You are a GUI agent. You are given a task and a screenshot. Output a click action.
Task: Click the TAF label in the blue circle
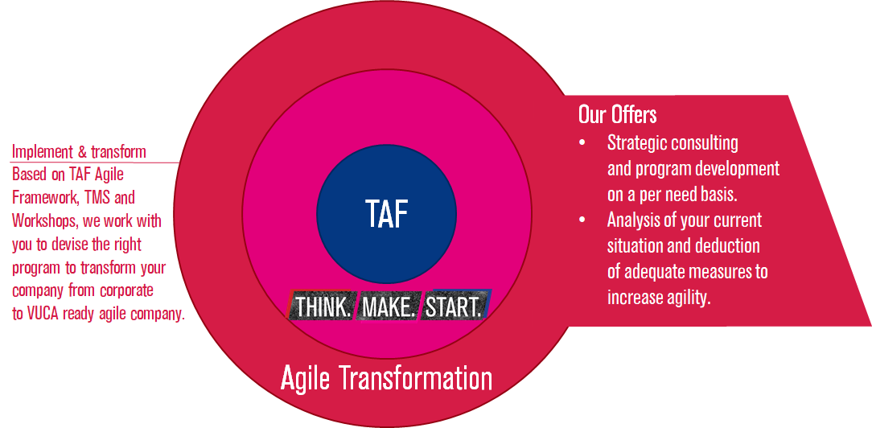386,213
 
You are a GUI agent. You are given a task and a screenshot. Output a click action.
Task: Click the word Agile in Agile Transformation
306,379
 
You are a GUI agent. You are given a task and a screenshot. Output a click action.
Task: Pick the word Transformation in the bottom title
415,378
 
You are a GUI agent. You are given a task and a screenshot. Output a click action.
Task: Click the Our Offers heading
617,115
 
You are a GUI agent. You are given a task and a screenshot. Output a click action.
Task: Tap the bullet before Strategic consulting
582,143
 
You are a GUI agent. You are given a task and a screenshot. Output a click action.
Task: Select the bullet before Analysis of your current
582,220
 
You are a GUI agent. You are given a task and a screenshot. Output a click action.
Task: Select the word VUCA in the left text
43,314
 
